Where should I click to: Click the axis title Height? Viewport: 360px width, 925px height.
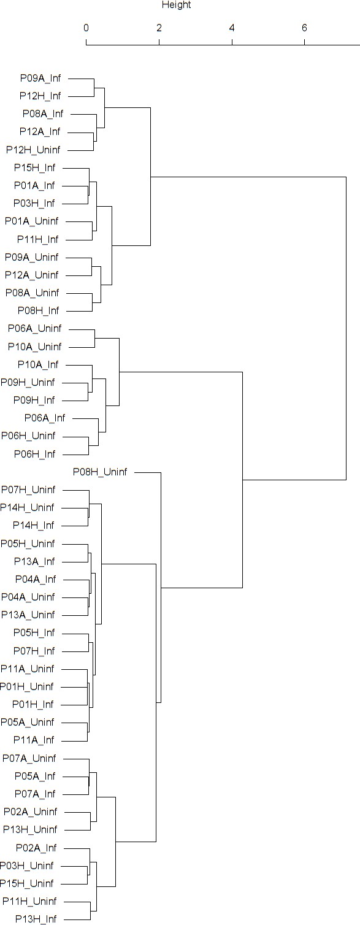176,5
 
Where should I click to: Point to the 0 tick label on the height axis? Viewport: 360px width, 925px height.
86,28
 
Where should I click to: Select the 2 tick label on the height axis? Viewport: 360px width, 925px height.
159,28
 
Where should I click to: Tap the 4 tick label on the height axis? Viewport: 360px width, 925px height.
232,28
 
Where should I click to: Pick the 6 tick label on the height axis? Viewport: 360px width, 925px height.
305,28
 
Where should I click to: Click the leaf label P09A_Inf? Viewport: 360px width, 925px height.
40,78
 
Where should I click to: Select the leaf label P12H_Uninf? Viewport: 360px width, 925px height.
33,150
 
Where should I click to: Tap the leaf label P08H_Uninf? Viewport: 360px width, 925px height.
100,472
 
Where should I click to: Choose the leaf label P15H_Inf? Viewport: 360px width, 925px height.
34,167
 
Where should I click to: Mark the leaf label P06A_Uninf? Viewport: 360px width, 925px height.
35,328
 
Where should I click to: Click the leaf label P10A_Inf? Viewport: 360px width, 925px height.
38,364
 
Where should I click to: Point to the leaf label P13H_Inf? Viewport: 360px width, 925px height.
36,919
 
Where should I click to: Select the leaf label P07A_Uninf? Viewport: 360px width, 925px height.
29,758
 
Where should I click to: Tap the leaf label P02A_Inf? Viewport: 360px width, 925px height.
36,848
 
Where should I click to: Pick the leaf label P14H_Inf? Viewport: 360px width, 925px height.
34,525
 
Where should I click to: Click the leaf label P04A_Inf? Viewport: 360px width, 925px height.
36,579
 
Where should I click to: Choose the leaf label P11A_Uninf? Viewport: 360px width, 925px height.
27,669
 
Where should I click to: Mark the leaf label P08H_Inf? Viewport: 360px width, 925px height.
39,310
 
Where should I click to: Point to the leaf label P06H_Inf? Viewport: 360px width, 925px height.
35,454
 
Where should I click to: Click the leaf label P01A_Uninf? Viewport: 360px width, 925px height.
32,221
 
